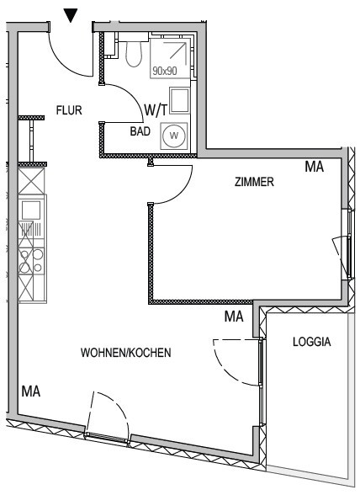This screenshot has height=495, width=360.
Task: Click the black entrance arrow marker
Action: (x=71, y=15)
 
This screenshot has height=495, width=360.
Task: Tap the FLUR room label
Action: (x=69, y=110)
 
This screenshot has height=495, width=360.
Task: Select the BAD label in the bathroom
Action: (x=140, y=131)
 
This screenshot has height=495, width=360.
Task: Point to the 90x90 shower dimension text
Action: (x=165, y=71)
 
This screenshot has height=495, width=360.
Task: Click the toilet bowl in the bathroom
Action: (x=134, y=54)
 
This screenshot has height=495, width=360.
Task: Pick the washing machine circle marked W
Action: (x=174, y=136)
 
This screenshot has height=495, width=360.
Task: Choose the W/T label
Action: (x=156, y=109)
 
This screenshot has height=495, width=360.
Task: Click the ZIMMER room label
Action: (x=254, y=182)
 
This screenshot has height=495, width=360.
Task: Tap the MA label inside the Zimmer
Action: (x=315, y=167)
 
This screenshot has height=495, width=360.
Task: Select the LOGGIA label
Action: (x=312, y=342)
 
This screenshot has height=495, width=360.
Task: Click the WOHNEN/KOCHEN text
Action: (x=126, y=353)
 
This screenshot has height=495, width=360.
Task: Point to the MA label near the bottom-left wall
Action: (x=31, y=391)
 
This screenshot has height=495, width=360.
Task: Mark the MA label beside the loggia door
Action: (x=234, y=317)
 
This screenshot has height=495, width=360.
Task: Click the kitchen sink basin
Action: (x=31, y=210)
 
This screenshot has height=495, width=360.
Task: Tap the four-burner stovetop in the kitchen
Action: (x=31, y=261)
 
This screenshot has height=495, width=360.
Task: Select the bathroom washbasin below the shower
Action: (x=180, y=100)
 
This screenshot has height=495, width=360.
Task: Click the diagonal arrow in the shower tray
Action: (x=177, y=51)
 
